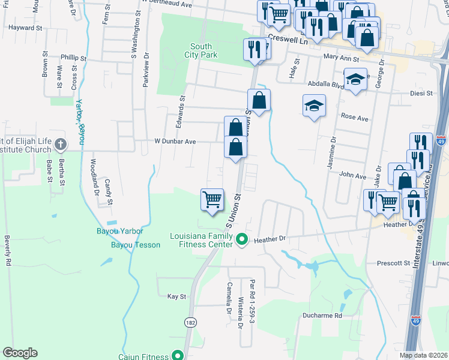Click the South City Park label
pyautogui.click(x=204, y=51)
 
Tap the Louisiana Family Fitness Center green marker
pyautogui.click(x=242, y=240)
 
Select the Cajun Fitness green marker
pyautogui.click(x=178, y=356)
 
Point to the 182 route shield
pyautogui.click(x=190, y=322)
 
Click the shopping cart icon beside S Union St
pyautogui.click(x=212, y=199)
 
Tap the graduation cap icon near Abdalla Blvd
pyautogui.click(x=355, y=79)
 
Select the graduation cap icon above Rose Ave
pyautogui.click(x=314, y=106)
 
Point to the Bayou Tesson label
pyautogui.click(x=136, y=245)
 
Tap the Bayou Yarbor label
pyautogui.click(x=120, y=231)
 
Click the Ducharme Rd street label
pyautogui.click(x=322, y=315)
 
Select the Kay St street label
pyautogui.click(x=177, y=296)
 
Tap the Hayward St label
pyautogui.click(x=25, y=28)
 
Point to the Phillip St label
pyautogui.click(x=74, y=58)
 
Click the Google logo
pyautogui.click(x=20, y=353)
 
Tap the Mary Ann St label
pyautogui.click(x=340, y=59)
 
